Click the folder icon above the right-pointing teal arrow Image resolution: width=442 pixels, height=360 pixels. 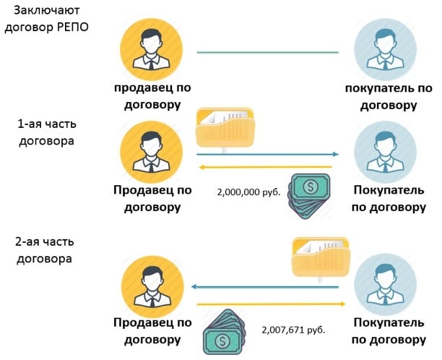point(225,130)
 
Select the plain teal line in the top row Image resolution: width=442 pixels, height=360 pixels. point(268,53)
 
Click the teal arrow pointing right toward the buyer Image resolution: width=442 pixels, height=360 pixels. point(268,154)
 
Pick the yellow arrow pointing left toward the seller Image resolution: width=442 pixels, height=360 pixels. point(268,168)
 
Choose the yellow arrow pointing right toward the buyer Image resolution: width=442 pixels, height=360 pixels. point(268,304)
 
